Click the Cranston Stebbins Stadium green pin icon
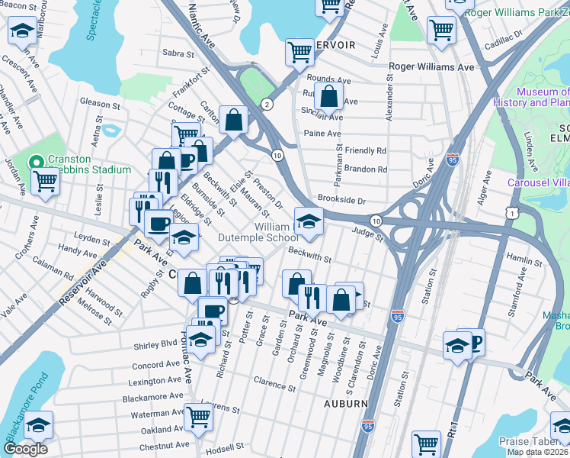pos(34,163)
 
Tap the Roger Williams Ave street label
pos(431,67)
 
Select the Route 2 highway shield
pos(267,104)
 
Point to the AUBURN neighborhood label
pos(346,402)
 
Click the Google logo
pos(25,448)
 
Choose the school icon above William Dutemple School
pos(309,221)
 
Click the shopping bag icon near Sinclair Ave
pos(328,97)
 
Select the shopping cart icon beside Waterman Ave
pos(199,417)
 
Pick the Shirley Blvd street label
pos(159,343)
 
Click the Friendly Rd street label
pos(365,151)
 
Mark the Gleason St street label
pos(100,102)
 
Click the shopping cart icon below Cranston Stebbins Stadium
pos(45,182)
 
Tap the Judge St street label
pos(367,233)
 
